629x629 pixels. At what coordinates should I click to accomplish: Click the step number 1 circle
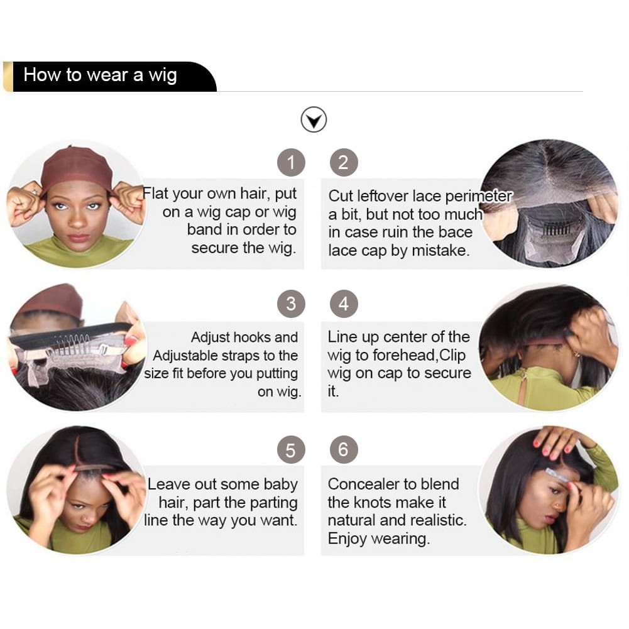[x=291, y=163]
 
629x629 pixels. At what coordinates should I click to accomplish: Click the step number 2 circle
[x=344, y=163]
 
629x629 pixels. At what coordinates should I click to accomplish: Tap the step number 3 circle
[x=291, y=304]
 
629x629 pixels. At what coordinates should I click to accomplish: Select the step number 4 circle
[x=344, y=304]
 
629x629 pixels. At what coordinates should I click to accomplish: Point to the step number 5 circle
[x=291, y=450]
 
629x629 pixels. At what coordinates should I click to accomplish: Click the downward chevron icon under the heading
[x=314, y=119]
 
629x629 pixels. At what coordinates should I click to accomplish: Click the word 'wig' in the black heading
[x=163, y=76]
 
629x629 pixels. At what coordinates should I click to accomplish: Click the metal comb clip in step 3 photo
[x=74, y=344]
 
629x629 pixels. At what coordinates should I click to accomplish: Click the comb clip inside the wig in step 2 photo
[x=556, y=230]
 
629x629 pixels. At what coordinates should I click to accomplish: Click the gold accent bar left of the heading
[x=8, y=77]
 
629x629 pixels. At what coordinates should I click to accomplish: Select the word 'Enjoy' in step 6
[x=347, y=539]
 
